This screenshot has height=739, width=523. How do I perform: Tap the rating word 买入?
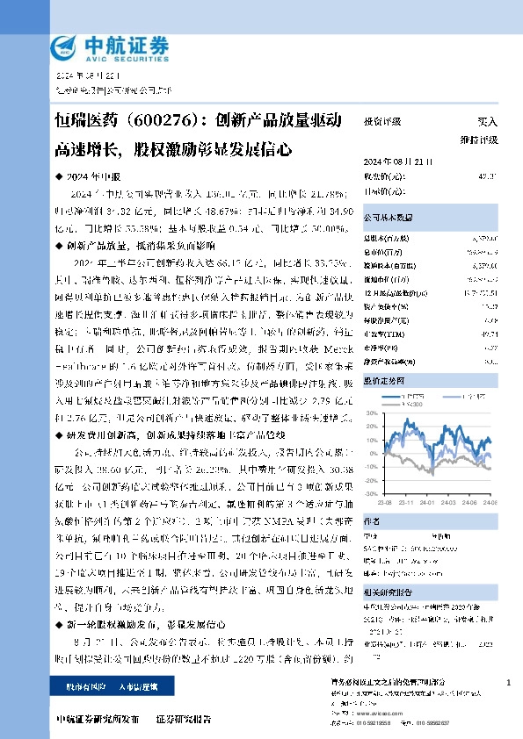click(x=487, y=122)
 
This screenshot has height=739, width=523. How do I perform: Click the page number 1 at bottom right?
click(x=509, y=682)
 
